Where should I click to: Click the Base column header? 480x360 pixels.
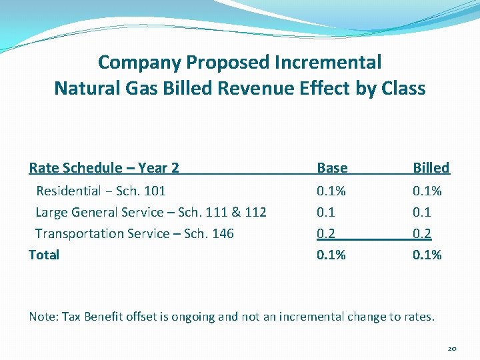332,168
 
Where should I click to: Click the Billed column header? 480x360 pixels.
431,168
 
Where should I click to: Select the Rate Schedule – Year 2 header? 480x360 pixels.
104,168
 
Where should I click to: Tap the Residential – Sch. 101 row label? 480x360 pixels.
101,191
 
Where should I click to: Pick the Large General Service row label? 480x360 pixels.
151,213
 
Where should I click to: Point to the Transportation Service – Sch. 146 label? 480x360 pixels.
134,234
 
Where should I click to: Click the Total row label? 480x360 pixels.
44,255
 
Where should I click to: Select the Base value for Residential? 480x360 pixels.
331,191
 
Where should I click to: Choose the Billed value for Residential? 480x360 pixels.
427,191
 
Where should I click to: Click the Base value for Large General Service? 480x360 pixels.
326,213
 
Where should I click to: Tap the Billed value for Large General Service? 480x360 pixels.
422,213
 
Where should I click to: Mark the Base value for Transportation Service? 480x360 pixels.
326,234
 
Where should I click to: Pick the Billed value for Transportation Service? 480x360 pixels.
422,234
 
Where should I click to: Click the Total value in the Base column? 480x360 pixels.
331,255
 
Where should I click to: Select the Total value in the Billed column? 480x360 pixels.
427,255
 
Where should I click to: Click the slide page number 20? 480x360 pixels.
451,349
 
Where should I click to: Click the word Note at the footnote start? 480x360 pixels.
42,317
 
